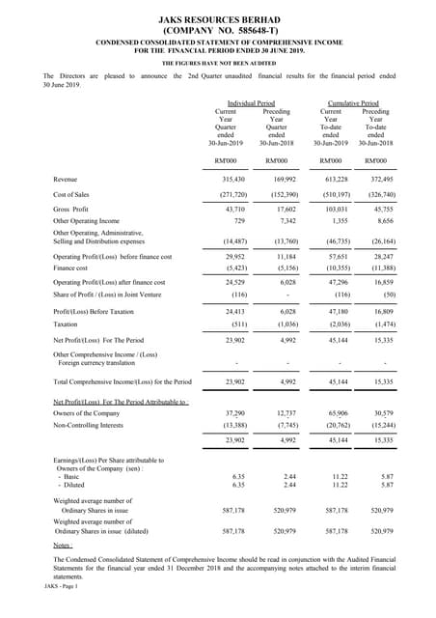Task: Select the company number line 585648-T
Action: [x=217, y=30]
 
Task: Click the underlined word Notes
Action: [x=64, y=547]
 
